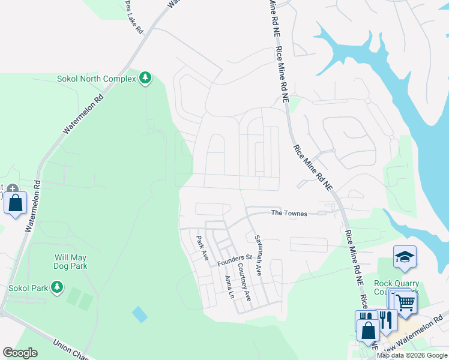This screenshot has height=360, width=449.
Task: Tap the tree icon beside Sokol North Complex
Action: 145,79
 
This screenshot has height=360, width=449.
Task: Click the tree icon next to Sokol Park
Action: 57,287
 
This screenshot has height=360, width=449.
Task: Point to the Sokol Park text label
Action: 28,288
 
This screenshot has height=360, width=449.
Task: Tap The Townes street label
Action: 289,213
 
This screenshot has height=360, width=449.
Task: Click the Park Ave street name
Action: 202,247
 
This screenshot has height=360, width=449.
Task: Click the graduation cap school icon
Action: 405,256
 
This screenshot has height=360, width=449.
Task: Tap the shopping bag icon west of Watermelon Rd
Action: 16,202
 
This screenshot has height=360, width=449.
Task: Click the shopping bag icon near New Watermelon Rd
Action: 367,329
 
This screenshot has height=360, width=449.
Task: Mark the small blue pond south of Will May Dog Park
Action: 139,314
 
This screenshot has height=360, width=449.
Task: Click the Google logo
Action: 20,353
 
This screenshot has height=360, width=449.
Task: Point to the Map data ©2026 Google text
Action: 412,355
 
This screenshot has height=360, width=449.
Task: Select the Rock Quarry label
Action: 391,283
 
